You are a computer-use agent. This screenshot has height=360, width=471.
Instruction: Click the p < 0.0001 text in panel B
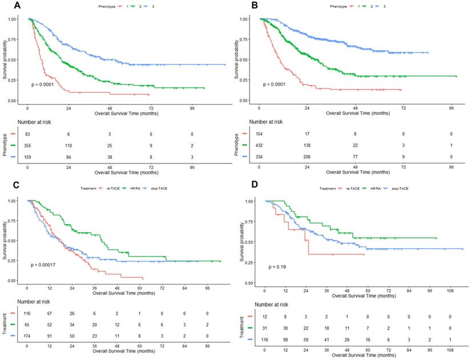tap(276, 85)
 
